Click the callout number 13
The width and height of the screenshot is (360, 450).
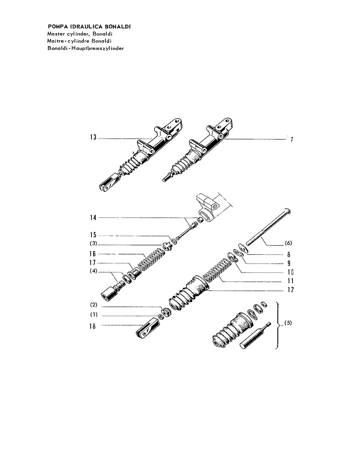tap(93, 137)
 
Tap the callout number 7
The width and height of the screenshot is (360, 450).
tap(292, 140)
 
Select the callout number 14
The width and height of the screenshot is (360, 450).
tap(93, 218)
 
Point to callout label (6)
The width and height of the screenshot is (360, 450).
tap(288, 243)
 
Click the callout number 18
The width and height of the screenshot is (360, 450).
tap(92, 326)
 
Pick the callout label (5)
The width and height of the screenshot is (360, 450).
tap(288, 323)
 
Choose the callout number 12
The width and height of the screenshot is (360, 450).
tap(290, 290)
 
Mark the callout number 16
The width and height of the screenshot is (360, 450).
tap(92, 254)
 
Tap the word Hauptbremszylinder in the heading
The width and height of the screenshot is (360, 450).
tap(98, 49)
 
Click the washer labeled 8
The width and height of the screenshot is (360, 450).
tap(244, 248)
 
